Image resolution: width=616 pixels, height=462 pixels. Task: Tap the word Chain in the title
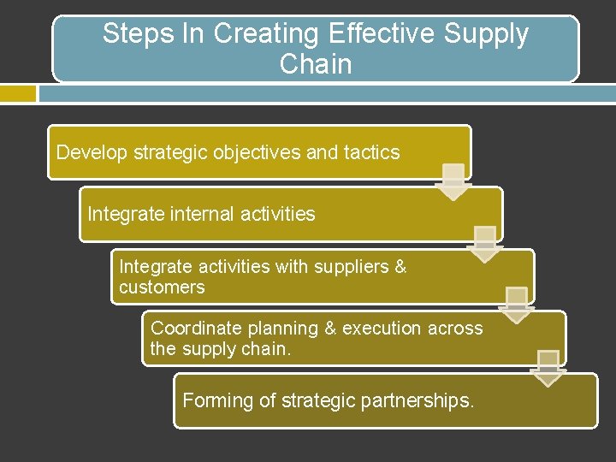pos(316,64)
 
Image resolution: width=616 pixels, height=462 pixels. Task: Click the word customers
pos(162,287)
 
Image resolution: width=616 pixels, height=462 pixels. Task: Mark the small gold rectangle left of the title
pos(18,93)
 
